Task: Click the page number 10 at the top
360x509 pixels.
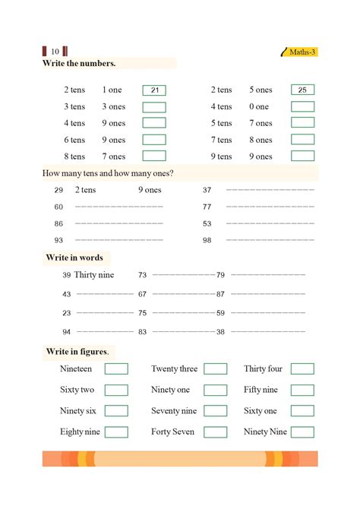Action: coord(55,52)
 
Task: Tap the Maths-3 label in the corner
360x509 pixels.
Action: coord(303,52)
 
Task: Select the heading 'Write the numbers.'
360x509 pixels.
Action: coord(81,63)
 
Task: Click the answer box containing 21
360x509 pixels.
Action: coord(154,90)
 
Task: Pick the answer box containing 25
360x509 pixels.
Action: coord(302,90)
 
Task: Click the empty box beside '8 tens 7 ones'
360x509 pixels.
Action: coord(154,156)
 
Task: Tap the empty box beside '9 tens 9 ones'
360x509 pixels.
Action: coord(302,156)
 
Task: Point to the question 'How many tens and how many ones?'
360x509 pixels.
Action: coord(109,173)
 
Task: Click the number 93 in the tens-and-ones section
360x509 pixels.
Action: coord(58,240)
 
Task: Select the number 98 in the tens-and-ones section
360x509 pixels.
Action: coord(207,240)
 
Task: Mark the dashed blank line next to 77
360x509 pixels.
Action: coord(270,207)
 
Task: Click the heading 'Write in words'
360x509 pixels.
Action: coord(74,258)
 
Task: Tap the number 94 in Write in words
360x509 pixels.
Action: coord(67,332)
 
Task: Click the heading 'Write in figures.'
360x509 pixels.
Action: coord(77,351)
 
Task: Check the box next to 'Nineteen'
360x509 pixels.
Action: coord(116,369)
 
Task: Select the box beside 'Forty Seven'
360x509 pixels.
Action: coord(215,432)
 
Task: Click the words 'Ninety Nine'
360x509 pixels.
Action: coord(265,432)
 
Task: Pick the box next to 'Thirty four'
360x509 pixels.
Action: coord(302,369)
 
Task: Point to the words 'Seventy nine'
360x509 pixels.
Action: coord(174,411)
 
